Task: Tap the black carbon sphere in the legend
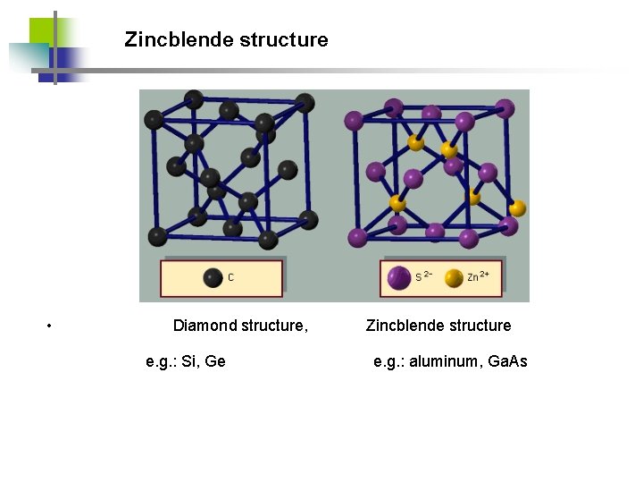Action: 213,277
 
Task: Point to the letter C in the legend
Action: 230,277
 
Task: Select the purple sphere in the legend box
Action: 399,277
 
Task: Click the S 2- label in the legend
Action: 423,276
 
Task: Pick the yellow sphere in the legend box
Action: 454,277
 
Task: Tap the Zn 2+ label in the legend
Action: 478,276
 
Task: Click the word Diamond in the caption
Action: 205,326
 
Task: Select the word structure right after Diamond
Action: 275,326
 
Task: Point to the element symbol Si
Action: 190,361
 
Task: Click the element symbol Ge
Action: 215,361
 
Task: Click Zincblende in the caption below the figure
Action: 402,326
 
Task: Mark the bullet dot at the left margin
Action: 50,326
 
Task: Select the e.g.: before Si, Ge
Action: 161,361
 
